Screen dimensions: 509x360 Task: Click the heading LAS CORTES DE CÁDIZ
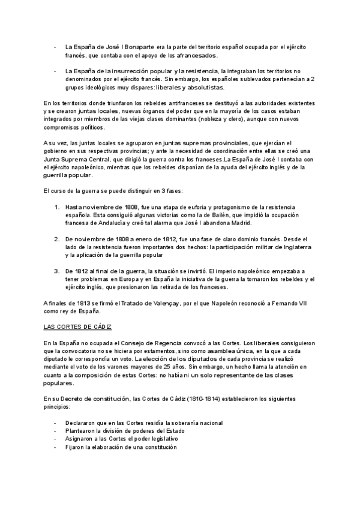click(x=78, y=327)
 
